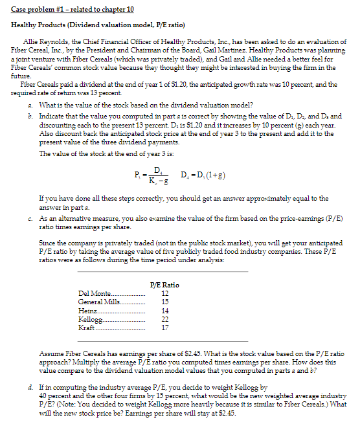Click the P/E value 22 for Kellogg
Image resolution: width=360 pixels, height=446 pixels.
point(164,319)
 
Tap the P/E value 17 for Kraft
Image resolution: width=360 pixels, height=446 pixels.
point(164,328)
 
